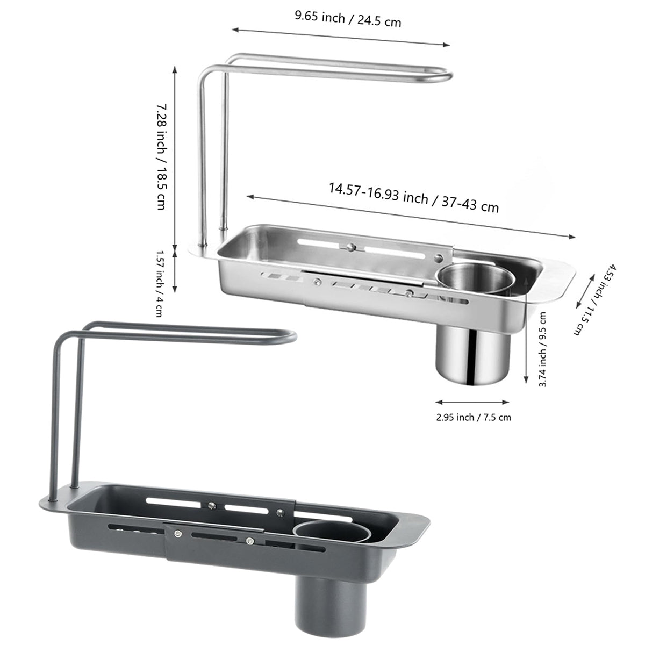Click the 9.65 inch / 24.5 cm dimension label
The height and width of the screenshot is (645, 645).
347,19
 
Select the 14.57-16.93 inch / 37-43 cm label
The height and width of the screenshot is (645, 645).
414,197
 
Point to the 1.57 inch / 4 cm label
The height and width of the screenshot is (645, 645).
160,283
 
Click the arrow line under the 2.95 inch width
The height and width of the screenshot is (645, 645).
472,402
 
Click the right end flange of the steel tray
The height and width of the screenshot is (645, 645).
559,271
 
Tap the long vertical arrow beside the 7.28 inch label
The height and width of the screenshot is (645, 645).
175,156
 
